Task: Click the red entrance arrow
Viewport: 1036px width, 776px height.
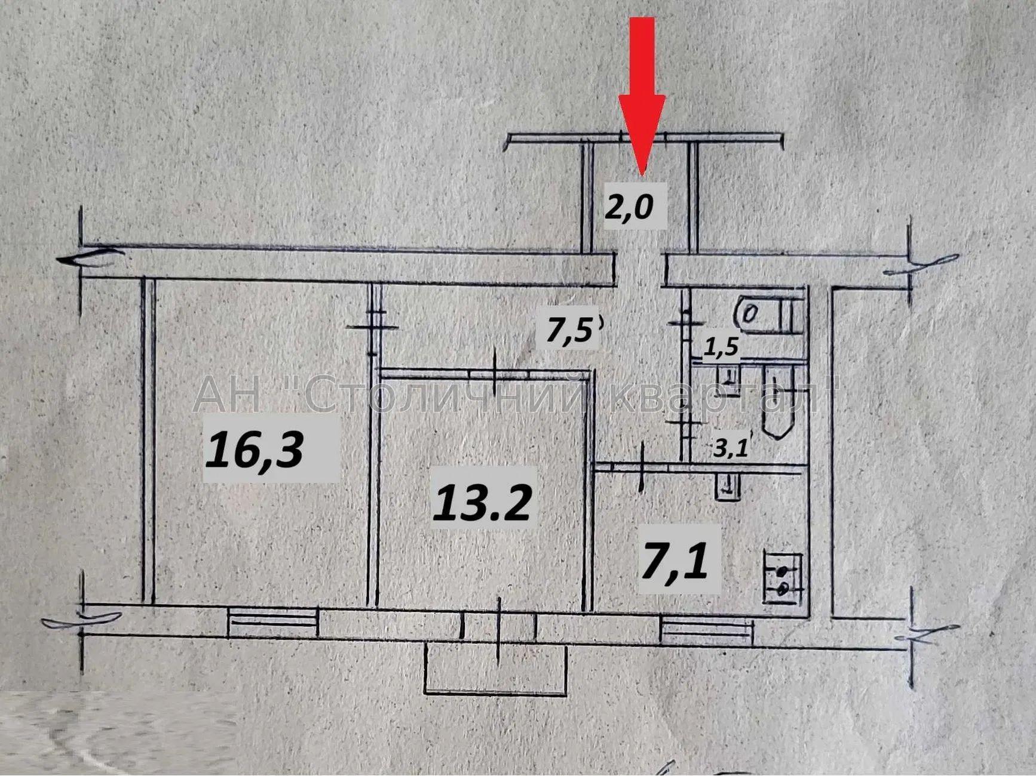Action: pos(642,96)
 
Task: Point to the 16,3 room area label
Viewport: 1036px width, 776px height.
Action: pos(255,449)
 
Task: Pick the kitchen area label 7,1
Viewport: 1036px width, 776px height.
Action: pos(675,561)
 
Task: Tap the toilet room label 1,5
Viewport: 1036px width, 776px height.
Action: pos(721,346)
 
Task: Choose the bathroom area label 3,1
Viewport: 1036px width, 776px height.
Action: pos(731,446)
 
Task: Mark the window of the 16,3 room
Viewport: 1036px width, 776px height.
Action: pos(272,623)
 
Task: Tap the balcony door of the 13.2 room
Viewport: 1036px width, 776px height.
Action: pos(499,626)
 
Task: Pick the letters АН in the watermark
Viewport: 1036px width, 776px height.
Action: pos(226,393)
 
